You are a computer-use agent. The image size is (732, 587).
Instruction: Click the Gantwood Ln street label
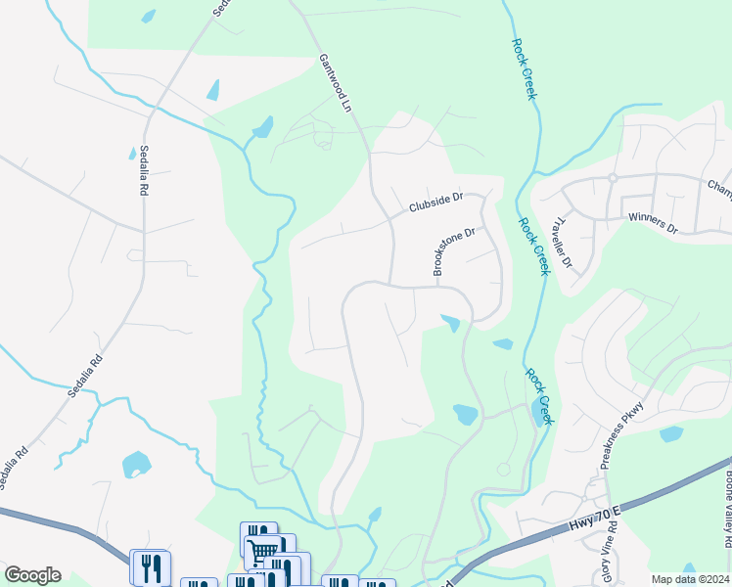click(x=333, y=82)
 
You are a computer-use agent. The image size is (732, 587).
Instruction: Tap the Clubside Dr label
click(x=435, y=203)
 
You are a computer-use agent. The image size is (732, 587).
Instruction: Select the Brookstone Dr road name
click(x=454, y=251)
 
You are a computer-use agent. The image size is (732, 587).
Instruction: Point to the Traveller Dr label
click(x=563, y=245)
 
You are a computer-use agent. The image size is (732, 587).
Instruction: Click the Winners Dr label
click(x=653, y=224)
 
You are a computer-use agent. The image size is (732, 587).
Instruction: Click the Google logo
click(x=32, y=575)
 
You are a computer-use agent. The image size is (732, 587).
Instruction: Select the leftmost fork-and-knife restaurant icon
click(x=150, y=565)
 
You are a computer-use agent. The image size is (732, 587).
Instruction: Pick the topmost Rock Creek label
click(x=524, y=68)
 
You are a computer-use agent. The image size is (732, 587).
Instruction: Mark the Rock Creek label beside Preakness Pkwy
click(x=540, y=396)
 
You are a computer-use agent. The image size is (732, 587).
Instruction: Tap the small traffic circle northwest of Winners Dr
click(x=612, y=178)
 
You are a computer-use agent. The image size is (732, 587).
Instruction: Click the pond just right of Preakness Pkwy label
click(x=670, y=433)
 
